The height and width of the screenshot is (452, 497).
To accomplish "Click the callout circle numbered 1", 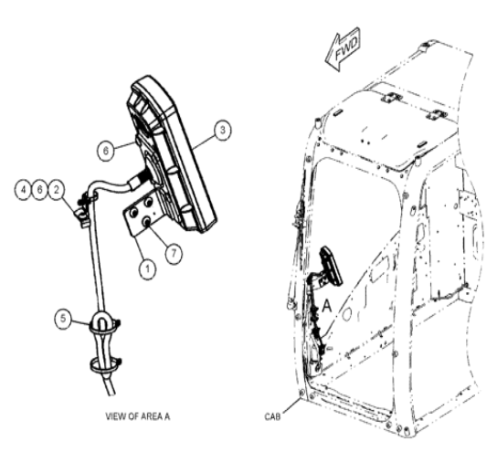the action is (x=147, y=269).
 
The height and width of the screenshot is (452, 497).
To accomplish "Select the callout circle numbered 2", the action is (x=57, y=190).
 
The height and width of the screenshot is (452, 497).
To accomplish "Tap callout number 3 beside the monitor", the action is (x=223, y=130).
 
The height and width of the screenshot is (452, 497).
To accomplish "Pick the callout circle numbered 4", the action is (x=23, y=190).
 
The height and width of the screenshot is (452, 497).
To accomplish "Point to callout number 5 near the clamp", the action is (x=63, y=318).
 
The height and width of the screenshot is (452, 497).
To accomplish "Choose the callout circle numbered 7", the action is (x=174, y=253).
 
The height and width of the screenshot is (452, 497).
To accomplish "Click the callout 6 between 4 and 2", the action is (x=39, y=190).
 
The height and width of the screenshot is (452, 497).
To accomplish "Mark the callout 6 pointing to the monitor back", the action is (x=106, y=151).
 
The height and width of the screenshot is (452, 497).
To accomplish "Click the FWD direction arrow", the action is (x=343, y=49).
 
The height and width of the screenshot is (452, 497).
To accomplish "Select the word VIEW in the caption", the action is (x=115, y=416).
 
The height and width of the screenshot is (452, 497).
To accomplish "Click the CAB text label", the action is (x=272, y=416).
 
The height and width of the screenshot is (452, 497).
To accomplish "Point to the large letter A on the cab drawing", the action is (x=326, y=307).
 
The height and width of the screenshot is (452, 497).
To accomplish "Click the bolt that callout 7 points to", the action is (x=147, y=223).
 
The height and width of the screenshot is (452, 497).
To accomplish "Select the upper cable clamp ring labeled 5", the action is (x=102, y=322).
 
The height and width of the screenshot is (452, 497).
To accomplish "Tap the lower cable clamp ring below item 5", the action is (x=105, y=364).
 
